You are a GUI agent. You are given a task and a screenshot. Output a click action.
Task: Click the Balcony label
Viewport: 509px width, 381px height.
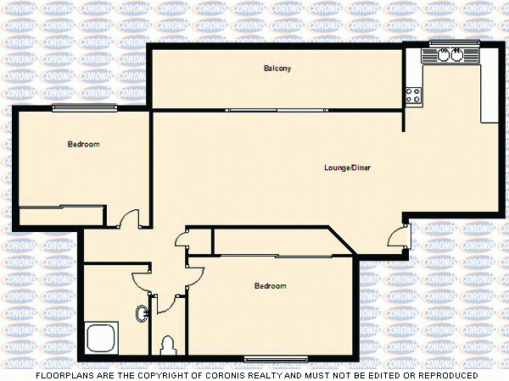[277, 69]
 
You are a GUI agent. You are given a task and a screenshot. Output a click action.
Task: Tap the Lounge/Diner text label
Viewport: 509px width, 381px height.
[347, 168]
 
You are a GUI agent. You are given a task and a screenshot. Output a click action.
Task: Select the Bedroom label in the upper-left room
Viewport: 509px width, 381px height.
[83, 145]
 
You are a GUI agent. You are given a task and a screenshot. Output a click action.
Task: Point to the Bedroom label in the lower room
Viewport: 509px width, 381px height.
[270, 286]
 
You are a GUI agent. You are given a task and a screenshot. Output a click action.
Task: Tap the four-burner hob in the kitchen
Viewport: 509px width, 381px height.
[413, 96]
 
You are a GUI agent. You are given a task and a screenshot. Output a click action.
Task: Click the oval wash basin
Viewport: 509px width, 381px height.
[142, 314]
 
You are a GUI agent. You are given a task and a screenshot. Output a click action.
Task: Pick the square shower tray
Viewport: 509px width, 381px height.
[102, 337]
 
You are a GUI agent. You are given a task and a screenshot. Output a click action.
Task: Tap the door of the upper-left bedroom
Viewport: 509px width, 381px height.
[128, 219]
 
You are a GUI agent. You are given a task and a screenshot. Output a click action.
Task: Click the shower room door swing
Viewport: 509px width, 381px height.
[141, 279]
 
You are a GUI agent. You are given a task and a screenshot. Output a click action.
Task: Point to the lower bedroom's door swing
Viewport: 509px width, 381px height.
[195, 276]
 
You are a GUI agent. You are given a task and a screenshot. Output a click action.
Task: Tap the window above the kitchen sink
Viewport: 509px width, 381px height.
[449, 42]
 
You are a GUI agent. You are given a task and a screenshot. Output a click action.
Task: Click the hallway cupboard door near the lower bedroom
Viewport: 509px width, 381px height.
[182, 240]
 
